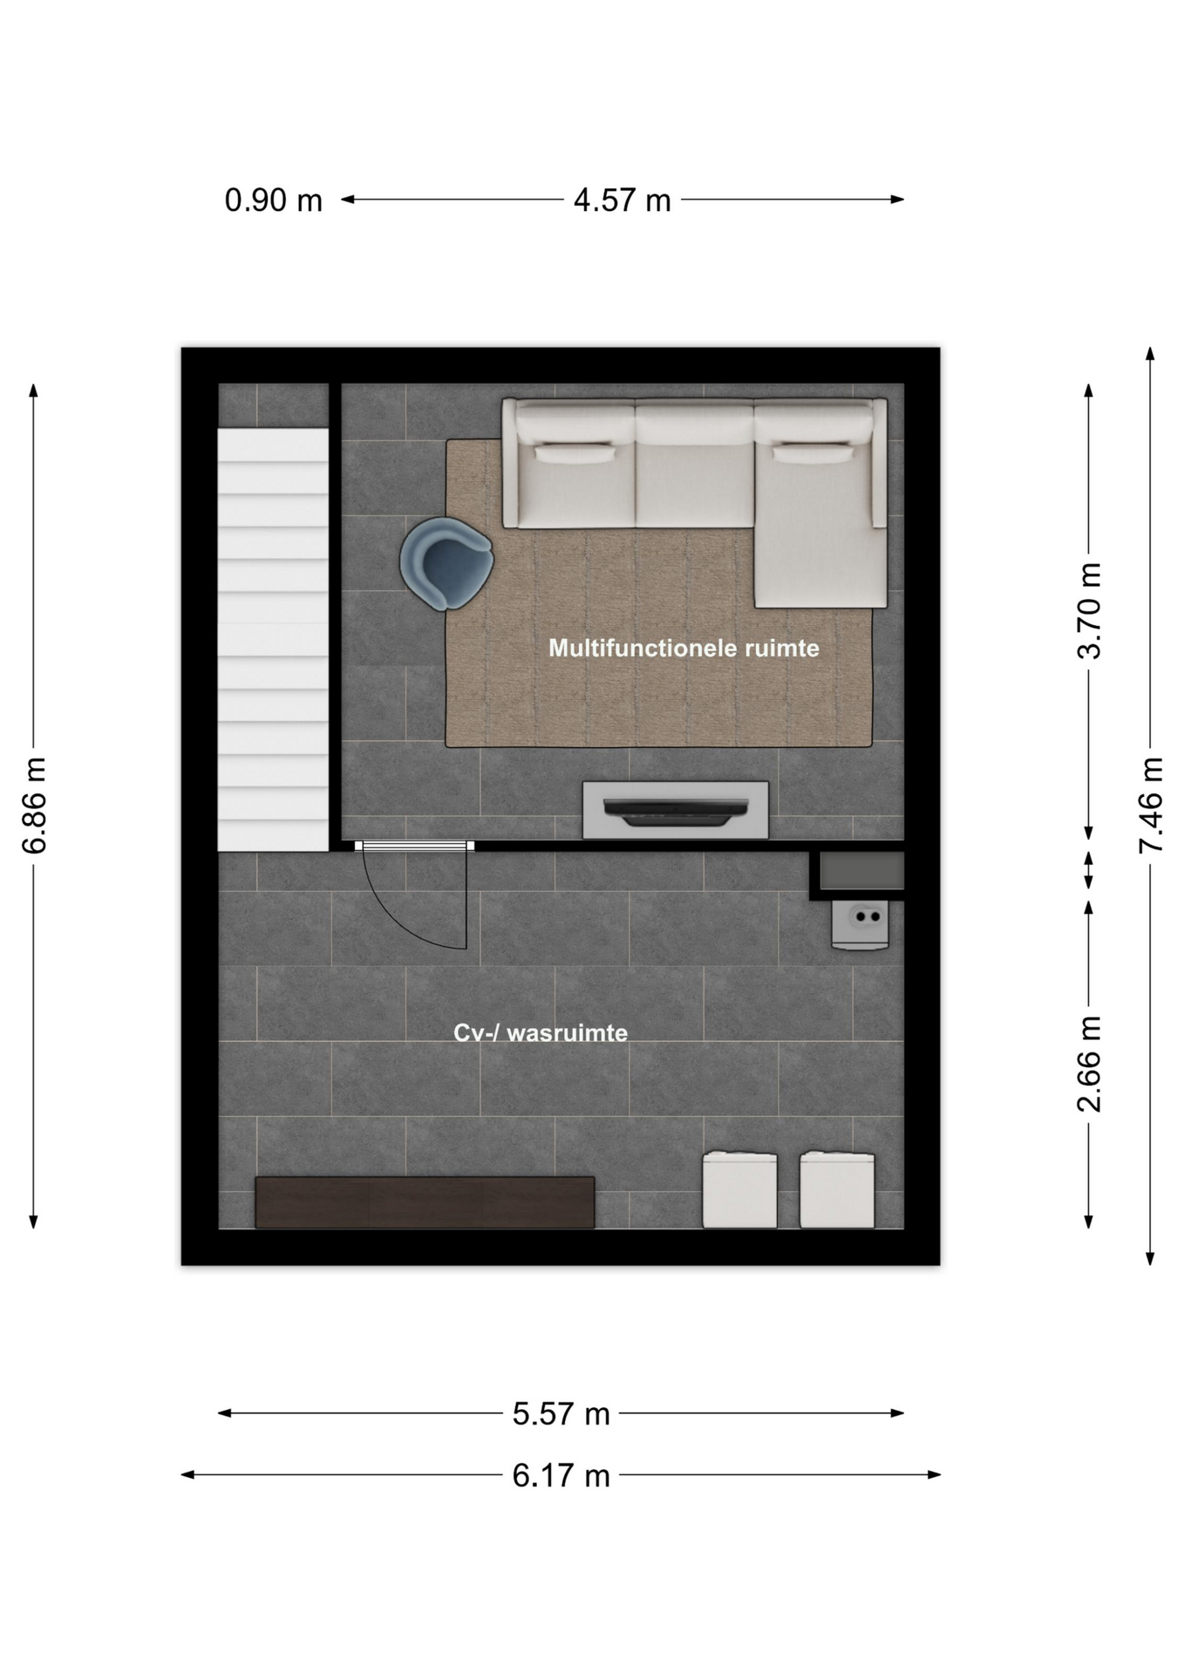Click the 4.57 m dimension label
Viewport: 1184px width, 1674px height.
pyautogui.click(x=622, y=201)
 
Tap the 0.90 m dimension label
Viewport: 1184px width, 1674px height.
pyautogui.click(x=274, y=201)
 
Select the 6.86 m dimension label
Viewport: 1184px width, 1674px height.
pyautogui.click(x=34, y=806)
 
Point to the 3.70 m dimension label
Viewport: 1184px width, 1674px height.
pyautogui.click(x=1089, y=610)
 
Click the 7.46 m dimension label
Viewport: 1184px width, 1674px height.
pyautogui.click(x=1151, y=806)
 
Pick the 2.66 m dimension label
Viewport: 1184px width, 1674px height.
pyautogui.click(x=1089, y=1064)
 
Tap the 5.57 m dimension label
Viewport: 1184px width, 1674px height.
pyautogui.click(x=561, y=1413)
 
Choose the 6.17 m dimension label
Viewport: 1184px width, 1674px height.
pyautogui.click(x=561, y=1475)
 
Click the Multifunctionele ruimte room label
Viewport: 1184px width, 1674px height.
pyautogui.click(x=684, y=648)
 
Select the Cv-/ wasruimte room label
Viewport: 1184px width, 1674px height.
pyautogui.click(x=541, y=1033)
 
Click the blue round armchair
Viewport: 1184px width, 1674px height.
pyautogui.click(x=446, y=563)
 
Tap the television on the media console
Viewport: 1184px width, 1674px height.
pyautogui.click(x=676, y=811)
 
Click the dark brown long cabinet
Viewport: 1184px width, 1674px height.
pyautogui.click(x=425, y=1202)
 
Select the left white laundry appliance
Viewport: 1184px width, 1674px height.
pyautogui.click(x=739, y=1189)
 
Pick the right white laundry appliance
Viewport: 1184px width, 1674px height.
pyautogui.click(x=837, y=1189)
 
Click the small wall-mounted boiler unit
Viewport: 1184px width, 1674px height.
pyautogui.click(x=860, y=924)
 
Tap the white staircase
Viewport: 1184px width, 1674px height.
pyautogui.click(x=273, y=639)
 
